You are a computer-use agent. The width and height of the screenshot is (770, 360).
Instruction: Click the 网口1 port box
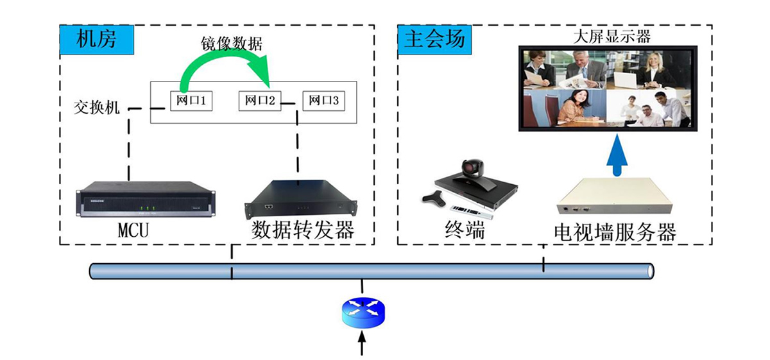click(x=192, y=101)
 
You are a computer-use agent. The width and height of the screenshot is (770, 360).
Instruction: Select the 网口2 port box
click(x=261, y=101)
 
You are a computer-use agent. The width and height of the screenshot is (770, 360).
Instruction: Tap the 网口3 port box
click(x=323, y=101)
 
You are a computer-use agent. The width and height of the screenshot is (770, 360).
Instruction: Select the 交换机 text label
click(x=97, y=107)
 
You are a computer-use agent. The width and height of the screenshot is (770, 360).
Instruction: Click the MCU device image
click(x=145, y=200)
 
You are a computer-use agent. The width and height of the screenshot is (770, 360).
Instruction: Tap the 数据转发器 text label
click(x=303, y=230)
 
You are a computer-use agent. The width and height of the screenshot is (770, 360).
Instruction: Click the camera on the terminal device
click(x=473, y=168)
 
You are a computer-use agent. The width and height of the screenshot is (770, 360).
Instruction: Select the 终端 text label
click(x=465, y=230)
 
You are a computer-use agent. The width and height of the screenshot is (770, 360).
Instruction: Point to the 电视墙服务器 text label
click(x=615, y=232)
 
